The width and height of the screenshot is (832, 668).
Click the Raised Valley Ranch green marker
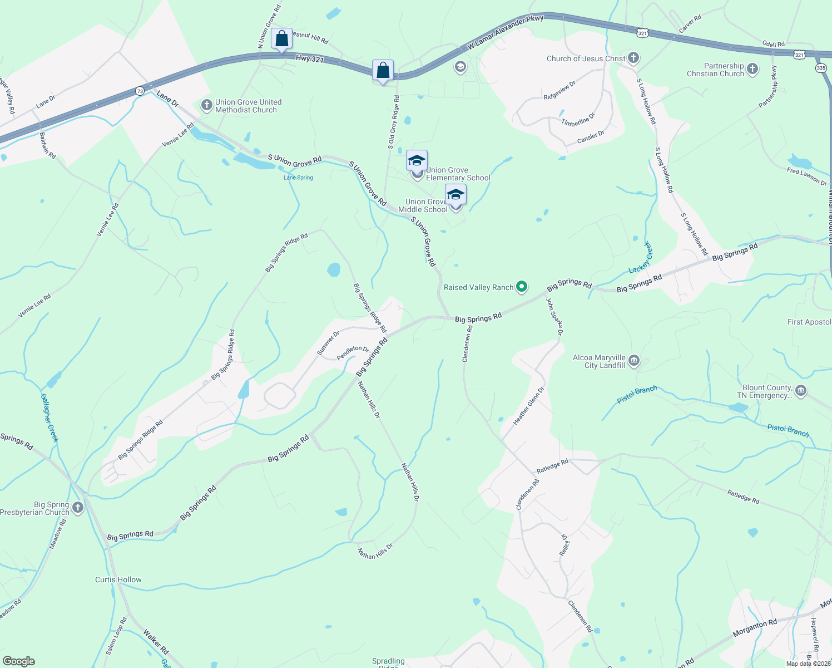[x=522, y=287]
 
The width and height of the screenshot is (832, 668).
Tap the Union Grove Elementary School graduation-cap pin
[x=417, y=161]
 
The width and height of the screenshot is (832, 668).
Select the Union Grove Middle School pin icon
[x=455, y=195]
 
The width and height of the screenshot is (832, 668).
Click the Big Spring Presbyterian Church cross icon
[x=78, y=508]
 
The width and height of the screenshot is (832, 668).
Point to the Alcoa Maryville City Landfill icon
[x=634, y=361]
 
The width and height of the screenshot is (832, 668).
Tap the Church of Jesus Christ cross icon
[x=633, y=58]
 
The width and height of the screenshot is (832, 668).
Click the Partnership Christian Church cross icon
[x=752, y=69]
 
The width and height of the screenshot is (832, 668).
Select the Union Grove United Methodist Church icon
[x=207, y=105]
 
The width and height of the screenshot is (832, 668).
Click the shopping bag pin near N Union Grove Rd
[x=281, y=39]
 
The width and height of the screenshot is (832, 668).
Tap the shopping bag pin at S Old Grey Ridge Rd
[x=383, y=71]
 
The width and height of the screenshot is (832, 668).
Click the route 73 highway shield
[x=140, y=90]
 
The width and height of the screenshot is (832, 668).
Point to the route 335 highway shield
[x=821, y=68]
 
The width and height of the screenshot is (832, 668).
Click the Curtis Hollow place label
[x=118, y=579]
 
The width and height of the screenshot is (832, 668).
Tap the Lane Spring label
[x=298, y=178]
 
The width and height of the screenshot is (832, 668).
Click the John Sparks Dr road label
[x=554, y=317]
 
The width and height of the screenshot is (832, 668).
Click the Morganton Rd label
[x=755, y=627]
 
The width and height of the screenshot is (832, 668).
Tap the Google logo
[x=19, y=661]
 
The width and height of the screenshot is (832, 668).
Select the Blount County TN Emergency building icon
[x=801, y=391]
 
